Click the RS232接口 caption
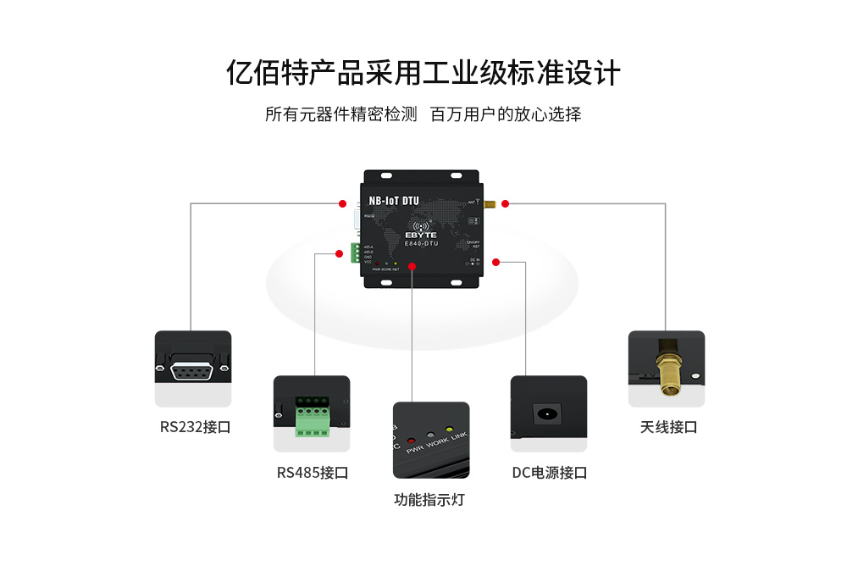tap(195, 427)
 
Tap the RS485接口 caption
tap(312, 473)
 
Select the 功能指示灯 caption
tap(429, 500)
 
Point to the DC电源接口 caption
tap(549, 473)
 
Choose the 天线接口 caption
tap(668, 427)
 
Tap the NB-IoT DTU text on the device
tap(394, 202)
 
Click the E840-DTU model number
tap(421, 243)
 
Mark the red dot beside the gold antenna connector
tap(505, 203)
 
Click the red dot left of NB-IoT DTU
tap(342, 203)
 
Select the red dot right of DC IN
tap(495, 262)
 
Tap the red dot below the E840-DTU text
tap(412, 266)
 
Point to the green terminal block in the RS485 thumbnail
tap(312, 417)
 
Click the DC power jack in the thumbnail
tap(548, 415)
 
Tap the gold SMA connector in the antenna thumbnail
tap(667, 373)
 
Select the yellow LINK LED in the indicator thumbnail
tap(450, 430)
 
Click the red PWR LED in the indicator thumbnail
tap(412, 441)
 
